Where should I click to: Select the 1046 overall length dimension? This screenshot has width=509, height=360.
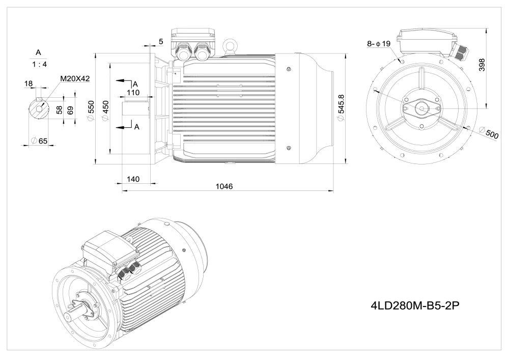click(x=224, y=186)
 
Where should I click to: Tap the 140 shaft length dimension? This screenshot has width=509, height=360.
click(x=133, y=179)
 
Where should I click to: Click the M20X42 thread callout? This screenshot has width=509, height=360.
click(x=74, y=78)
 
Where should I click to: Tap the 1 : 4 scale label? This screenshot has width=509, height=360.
click(x=38, y=65)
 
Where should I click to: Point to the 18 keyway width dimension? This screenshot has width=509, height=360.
click(x=28, y=82)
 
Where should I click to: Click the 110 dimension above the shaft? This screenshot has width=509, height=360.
click(x=133, y=93)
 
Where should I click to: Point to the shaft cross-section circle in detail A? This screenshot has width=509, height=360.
click(x=39, y=109)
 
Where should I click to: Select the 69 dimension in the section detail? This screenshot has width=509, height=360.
click(x=70, y=109)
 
